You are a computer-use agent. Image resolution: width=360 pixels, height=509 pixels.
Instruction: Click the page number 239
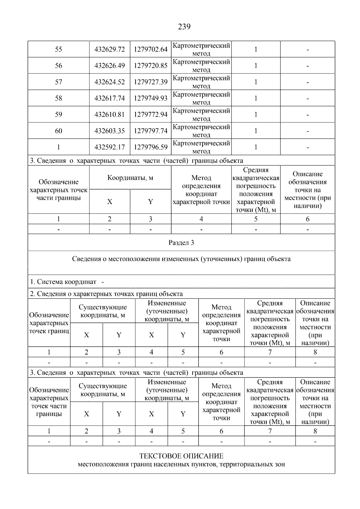tap(184, 27)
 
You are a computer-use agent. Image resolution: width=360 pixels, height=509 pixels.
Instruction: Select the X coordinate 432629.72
tap(109, 49)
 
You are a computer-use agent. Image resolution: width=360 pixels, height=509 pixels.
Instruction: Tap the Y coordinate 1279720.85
tap(151, 66)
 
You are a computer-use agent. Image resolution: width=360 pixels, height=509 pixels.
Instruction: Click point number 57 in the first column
tap(58, 82)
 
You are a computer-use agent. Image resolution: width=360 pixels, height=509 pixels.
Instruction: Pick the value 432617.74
tap(109, 98)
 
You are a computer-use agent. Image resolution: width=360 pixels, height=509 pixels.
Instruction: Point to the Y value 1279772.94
tap(151, 115)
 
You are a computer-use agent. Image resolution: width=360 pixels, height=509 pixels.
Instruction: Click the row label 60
tap(58, 131)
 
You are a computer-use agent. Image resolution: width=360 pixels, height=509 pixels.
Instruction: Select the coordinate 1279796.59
tap(151, 147)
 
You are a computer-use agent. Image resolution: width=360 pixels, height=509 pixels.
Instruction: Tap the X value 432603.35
tap(109, 131)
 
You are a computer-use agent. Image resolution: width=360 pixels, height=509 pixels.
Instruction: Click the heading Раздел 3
tap(181, 243)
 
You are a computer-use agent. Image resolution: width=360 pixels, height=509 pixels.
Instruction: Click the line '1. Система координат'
tap(63, 282)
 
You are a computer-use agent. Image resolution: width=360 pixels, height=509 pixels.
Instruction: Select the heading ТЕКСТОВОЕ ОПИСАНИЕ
tap(181, 456)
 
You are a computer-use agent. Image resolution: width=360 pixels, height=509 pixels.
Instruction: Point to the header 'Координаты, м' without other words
tap(130, 178)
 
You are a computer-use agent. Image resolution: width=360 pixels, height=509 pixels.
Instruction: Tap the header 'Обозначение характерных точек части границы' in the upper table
tap(58, 190)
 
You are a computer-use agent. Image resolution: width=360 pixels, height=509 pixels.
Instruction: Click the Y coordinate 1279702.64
tap(151, 49)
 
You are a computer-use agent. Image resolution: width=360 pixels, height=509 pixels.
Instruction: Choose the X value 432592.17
tap(109, 147)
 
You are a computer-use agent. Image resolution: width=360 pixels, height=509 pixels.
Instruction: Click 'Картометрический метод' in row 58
tap(201, 98)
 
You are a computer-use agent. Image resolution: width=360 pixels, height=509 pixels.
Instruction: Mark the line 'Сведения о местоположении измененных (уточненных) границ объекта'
tap(181, 259)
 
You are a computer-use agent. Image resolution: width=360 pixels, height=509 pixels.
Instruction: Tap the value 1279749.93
tap(151, 98)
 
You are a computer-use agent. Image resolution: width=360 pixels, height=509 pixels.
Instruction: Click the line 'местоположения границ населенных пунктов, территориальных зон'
tap(181, 465)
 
